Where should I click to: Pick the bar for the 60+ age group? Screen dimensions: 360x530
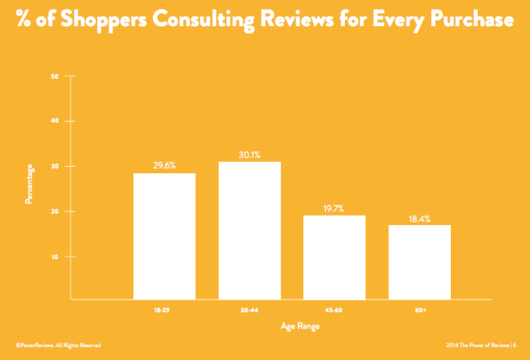click(420, 262)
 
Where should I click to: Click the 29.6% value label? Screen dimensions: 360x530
click(164, 165)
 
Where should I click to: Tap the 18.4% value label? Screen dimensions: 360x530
click(420, 217)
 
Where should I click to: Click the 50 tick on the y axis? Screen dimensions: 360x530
click(55, 77)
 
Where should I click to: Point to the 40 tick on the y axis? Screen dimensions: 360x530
click(55, 122)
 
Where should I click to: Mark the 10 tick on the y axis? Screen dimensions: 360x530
click(55, 257)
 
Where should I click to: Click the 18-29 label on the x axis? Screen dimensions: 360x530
click(164, 309)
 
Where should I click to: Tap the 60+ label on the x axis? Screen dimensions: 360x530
click(420, 309)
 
